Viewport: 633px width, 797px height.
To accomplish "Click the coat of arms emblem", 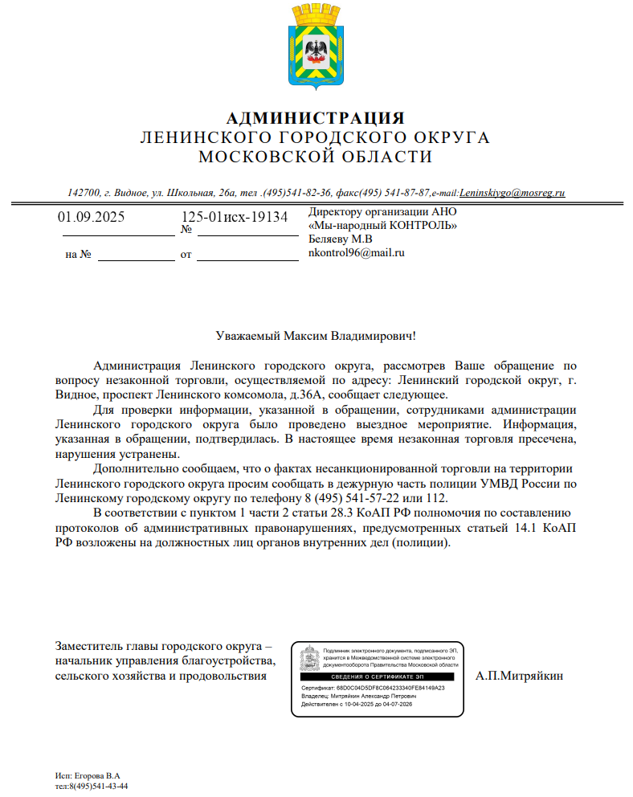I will (315, 47).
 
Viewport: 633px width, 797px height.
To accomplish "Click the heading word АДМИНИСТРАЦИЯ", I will (315, 118).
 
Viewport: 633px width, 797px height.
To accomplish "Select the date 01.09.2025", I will (91, 217).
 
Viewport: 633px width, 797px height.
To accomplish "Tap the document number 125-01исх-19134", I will (234, 217).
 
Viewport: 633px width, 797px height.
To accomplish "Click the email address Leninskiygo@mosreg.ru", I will (513, 193).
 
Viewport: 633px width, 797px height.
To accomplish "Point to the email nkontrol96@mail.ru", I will (356, 252).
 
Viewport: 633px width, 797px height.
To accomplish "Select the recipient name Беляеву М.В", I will (341, 239).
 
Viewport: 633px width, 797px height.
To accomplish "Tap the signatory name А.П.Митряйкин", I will (519, 675).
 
